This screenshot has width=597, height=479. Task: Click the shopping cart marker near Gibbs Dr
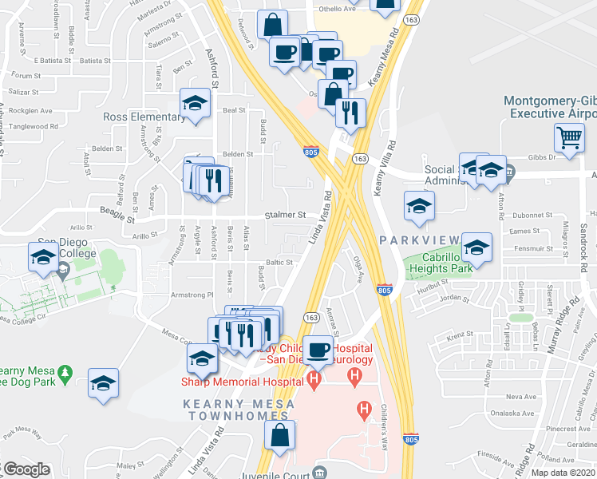(569, 137)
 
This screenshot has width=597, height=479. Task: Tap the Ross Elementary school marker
(194, 104)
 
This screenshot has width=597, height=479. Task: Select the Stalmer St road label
(286, 215)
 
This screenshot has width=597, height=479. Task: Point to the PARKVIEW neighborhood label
(419, 240)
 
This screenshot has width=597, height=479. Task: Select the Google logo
(26, 469)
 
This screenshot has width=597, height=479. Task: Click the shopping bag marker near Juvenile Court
(279, 435)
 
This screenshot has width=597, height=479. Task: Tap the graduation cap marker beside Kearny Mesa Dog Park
(103, 383)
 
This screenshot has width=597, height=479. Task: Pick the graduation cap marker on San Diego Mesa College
(42, 256)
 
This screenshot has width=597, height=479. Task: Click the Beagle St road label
(117, 216)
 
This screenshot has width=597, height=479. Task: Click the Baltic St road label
(280, 262)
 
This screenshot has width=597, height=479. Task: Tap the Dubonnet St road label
(531, 216)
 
